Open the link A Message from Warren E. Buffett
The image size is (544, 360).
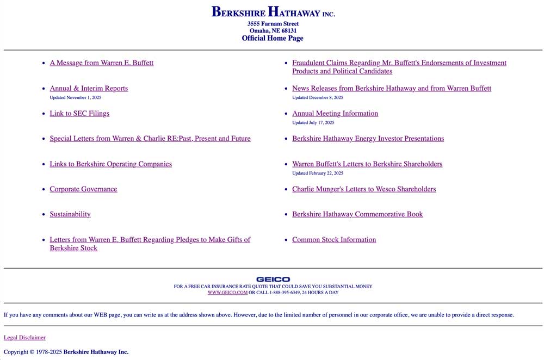point(102,63)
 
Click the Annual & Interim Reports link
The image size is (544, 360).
point(89,89)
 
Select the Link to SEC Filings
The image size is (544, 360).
point(79,114)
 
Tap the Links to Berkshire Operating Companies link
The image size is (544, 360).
point(110,164)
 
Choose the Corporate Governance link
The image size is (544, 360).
point(83,189)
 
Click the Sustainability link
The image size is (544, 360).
point(70,214)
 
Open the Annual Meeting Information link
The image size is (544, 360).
point(335,114)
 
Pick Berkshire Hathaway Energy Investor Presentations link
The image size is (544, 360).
point(368,139)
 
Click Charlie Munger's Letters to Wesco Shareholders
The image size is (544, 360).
point(364,189)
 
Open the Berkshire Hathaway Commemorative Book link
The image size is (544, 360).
point(357,214)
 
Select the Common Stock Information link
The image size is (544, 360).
point(334,240)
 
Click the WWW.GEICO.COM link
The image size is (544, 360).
point(227,293)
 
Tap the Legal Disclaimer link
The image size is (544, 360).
point(24,338)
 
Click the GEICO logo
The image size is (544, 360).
point(273,280)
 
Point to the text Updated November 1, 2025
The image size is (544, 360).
point(76,98)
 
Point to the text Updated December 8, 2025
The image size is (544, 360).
point(318,98)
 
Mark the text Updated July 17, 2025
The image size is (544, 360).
point(313,123)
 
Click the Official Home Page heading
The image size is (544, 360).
point(273,39)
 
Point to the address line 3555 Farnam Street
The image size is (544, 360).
point(273,24)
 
